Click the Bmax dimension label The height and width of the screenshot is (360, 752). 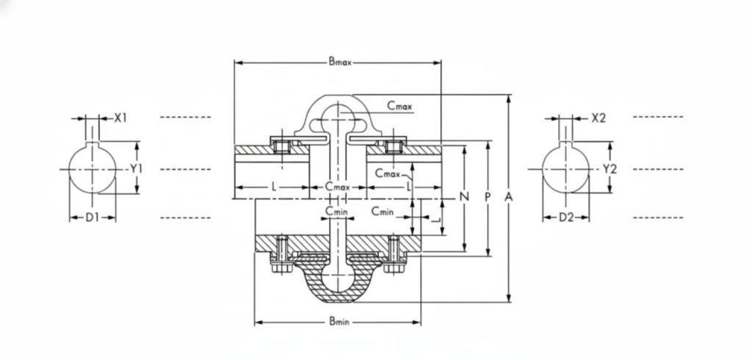339,62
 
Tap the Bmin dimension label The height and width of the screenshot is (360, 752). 339,322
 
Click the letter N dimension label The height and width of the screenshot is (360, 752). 464,196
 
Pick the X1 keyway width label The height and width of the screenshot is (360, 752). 120,118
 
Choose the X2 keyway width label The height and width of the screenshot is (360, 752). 599,118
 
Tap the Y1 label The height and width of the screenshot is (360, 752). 137,169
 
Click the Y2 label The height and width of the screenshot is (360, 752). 610,169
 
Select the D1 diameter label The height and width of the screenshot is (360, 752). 92,217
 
